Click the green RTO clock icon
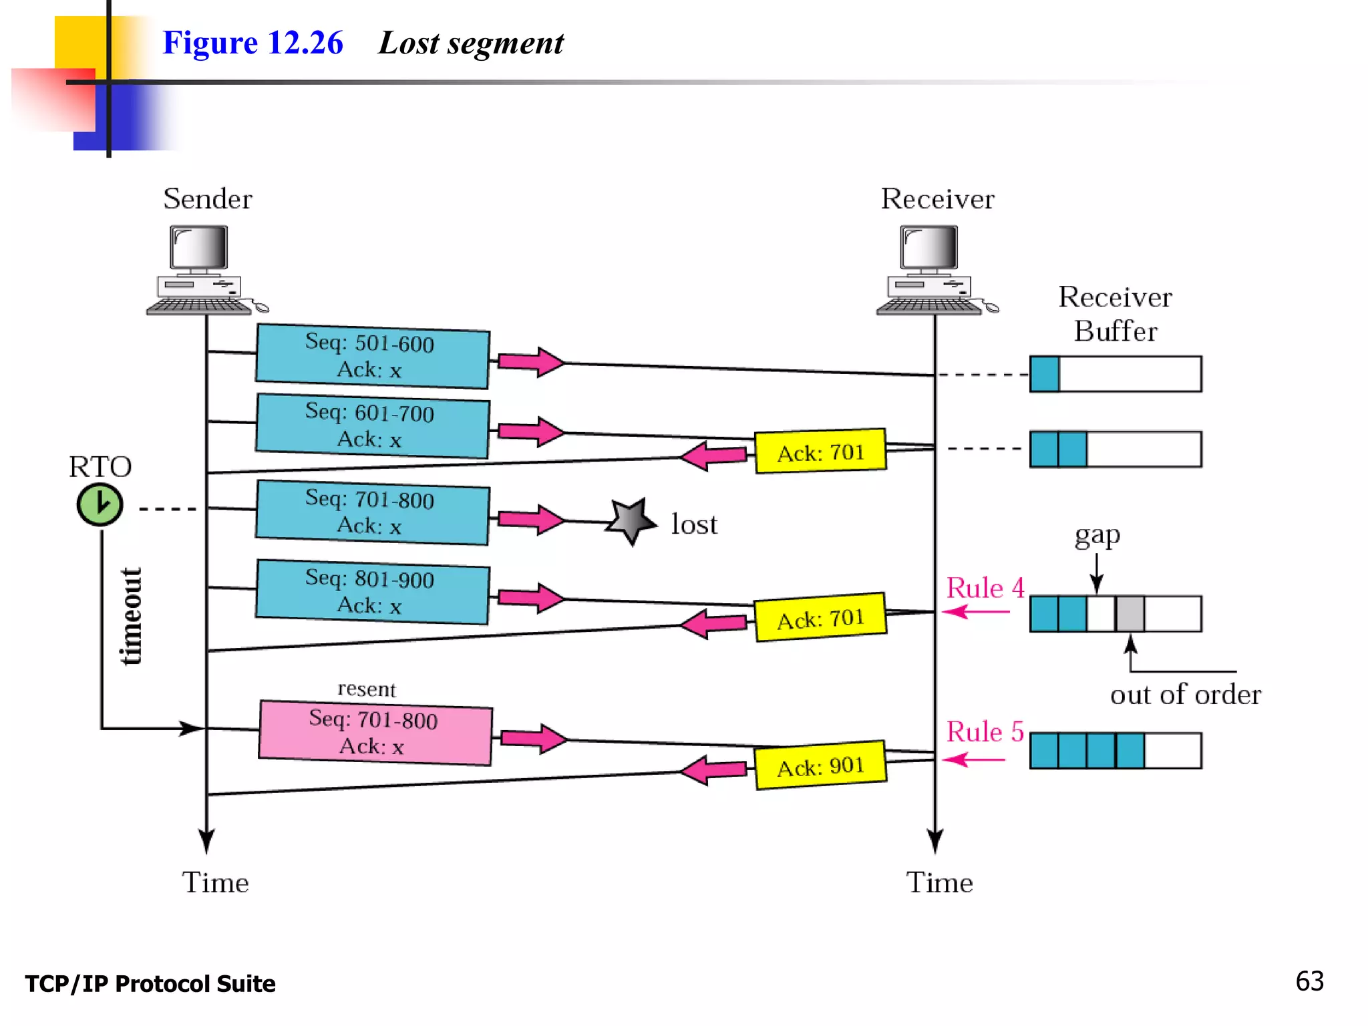coord(100,504)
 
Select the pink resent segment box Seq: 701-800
coord(375,733)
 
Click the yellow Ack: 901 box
coord(820,765)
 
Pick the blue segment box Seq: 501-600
coord(372,356)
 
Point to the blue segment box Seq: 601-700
coord(372,425)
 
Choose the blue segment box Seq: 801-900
coord(372,592)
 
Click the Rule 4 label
coord(985,588)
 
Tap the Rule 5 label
coord(985,732)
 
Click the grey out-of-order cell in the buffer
coord(1130,614)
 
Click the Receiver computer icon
coord(932,271)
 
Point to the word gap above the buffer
coord(1097,536)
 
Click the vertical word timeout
coord(131,616)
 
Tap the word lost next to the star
coord(693,524)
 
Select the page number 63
coord(1309,981)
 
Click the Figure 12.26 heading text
coord(252,43)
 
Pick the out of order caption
coord(1185,695)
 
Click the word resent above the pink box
coord(366,689)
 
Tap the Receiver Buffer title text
coord(1115,314)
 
